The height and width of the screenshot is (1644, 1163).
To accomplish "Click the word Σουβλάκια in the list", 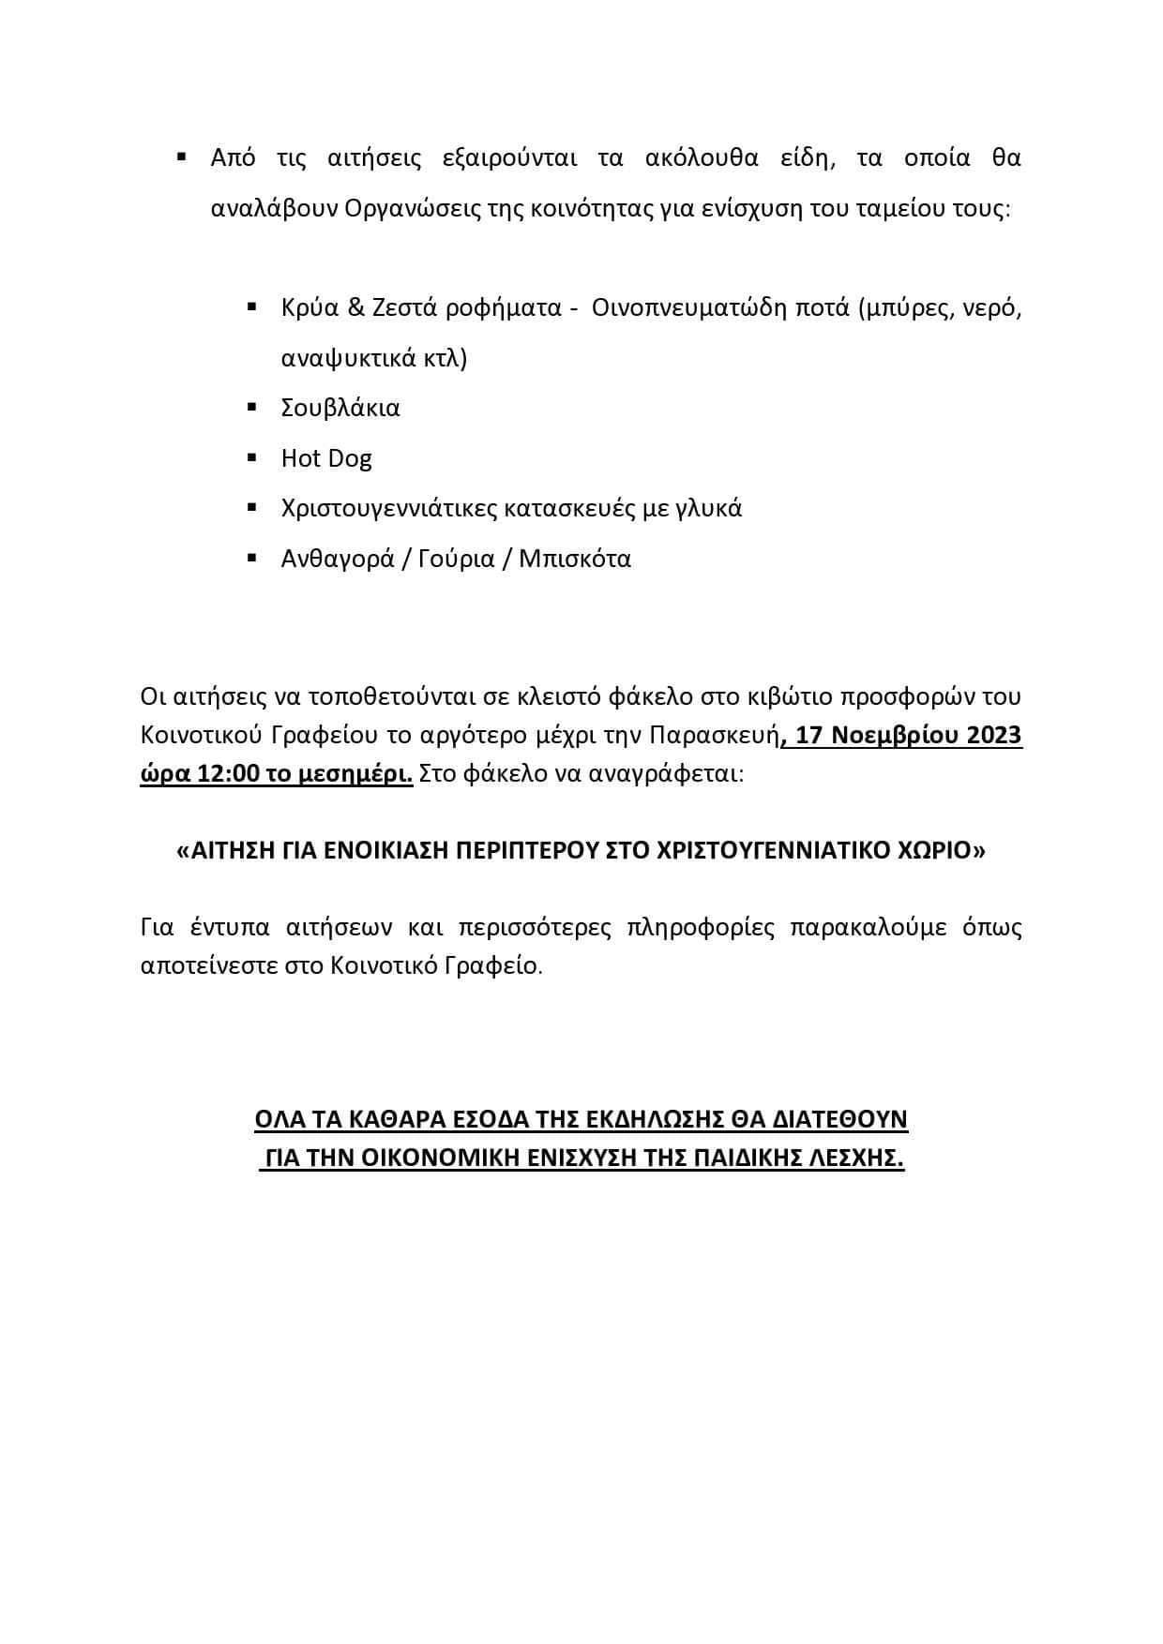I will [340, 408].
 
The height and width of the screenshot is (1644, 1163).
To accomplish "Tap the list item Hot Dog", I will [326, 458].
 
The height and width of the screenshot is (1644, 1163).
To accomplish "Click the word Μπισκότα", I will [575, 560].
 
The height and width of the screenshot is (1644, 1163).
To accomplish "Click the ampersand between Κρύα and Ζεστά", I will [356, 307].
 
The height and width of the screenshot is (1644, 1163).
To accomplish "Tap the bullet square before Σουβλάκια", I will [251, 407].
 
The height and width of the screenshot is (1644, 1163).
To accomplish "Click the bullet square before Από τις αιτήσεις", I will [182, 157].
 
